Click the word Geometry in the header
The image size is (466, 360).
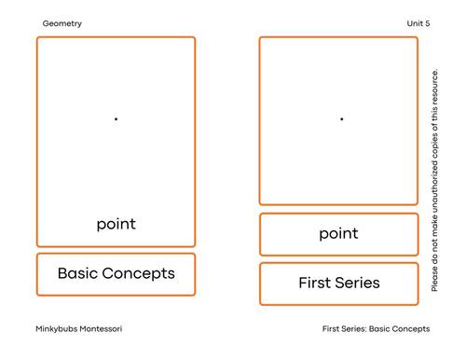pyautogui.click(x=62, y=23)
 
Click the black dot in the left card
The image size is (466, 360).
pyautogui.click(x=116, y=118)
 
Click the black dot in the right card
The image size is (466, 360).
pyautogui.click(x=341, y=118)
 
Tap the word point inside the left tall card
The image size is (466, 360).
pyautogui.click(x=116, y=224)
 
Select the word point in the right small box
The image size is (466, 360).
pyautogui.click(x=338, y=233)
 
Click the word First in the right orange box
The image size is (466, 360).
pyautogui.click(x=315, y=283)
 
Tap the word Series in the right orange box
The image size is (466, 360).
pyautogui.click(x=358, y=283)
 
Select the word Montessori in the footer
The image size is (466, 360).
pyautogui.click(x=104, y=328)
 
